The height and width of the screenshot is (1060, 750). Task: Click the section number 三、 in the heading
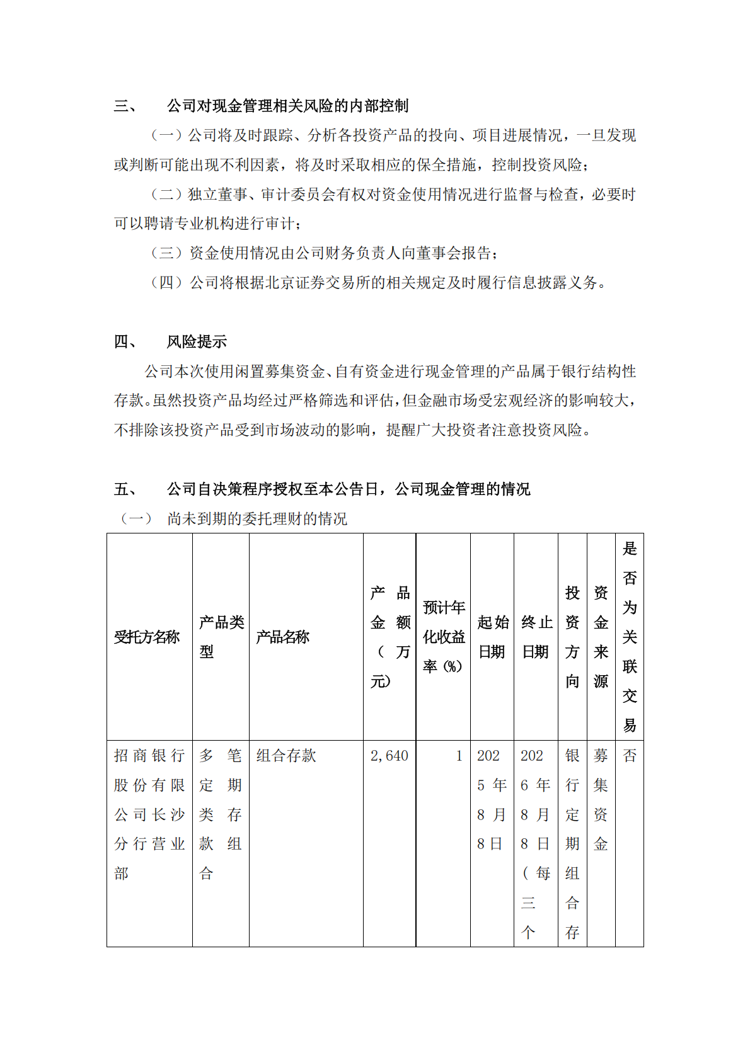coord(125,106)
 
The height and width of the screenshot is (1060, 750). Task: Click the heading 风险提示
coord(197,342)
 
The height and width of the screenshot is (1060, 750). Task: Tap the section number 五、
coord(125,489)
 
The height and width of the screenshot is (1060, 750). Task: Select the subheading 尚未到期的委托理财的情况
coord(257,519)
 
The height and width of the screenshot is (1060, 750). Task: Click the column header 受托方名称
coord(147,637)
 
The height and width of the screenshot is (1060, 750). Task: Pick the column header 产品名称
coord(283,637)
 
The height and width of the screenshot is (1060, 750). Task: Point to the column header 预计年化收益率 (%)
coord(443,637)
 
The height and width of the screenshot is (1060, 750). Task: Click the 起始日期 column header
coord(492,637)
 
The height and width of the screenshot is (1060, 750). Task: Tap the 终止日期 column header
coord(536,637)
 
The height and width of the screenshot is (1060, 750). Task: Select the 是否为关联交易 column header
coord(630,637)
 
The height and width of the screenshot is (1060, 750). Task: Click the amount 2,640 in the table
coord(389,756)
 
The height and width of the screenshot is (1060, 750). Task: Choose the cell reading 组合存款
coord(286,756)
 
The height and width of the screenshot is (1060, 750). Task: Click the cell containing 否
coord(630,756)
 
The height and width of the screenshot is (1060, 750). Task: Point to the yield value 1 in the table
coord(459,756)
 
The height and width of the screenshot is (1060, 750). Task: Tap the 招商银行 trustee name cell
coord(149,814)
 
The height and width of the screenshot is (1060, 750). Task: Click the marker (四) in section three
coord(166,283)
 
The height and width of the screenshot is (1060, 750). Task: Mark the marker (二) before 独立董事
coord(166,195)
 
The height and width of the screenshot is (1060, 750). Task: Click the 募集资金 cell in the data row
coord(601,799)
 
